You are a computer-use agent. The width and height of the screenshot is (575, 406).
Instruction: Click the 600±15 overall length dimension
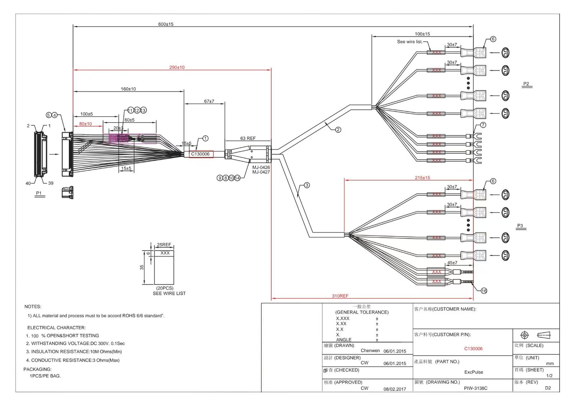[166, 24]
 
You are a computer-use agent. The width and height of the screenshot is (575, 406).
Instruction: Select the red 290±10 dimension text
[177, 67]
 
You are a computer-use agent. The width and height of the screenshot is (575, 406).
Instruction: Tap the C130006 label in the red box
[200, 154]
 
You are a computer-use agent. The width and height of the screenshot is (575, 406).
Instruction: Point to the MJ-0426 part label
[261, 167]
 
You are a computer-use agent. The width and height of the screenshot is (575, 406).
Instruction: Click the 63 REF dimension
[248, 138]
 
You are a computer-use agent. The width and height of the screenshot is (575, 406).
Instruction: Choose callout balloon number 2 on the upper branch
[338, 130]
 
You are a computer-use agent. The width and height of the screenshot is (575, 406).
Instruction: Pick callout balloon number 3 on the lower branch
[307, 185]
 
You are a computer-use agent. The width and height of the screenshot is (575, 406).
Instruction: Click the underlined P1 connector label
[39, 193]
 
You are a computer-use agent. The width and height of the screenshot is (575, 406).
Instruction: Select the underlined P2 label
[526, 84]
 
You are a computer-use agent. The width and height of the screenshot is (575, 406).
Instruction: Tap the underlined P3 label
[520, 225]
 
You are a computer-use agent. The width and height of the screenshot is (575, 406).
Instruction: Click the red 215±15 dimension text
[422, 178]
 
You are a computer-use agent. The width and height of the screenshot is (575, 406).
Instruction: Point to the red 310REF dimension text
[340, 296]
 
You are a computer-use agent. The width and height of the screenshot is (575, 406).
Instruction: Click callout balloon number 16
[484, 291]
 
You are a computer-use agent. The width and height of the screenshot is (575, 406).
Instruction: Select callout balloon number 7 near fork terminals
[483, 125]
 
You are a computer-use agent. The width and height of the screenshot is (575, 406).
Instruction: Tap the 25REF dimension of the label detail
[164, 245]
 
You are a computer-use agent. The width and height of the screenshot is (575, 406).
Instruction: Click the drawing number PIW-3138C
[475, 388]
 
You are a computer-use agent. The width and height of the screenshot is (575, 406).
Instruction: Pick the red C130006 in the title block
[473, 349]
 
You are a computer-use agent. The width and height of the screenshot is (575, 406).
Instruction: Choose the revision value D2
[548, 388]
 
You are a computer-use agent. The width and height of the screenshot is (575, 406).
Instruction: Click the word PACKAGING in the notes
[37, 369]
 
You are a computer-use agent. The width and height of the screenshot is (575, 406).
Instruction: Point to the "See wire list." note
[410, 42]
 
